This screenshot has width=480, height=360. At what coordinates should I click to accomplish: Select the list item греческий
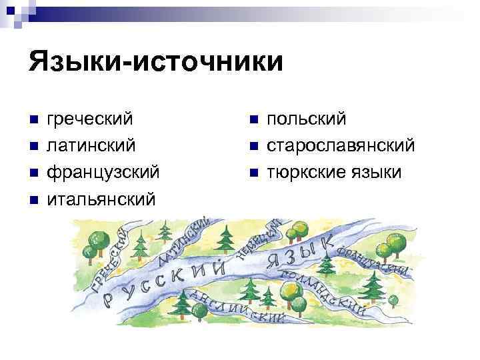[x=89, y=119]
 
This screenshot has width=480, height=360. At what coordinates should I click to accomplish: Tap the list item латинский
[x=91, y=145]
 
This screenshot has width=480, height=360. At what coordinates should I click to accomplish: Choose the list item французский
[x=103, y=172]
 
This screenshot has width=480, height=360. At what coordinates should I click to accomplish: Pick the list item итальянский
[x=101, y=199]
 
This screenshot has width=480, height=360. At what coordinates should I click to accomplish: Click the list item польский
[x=306, y=119]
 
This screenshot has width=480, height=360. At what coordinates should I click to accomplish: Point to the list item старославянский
[x=341, y=145]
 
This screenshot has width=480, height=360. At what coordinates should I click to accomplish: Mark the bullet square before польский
[x=252, y=120]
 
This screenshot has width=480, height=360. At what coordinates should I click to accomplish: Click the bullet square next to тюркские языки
[x=252, y=173]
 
